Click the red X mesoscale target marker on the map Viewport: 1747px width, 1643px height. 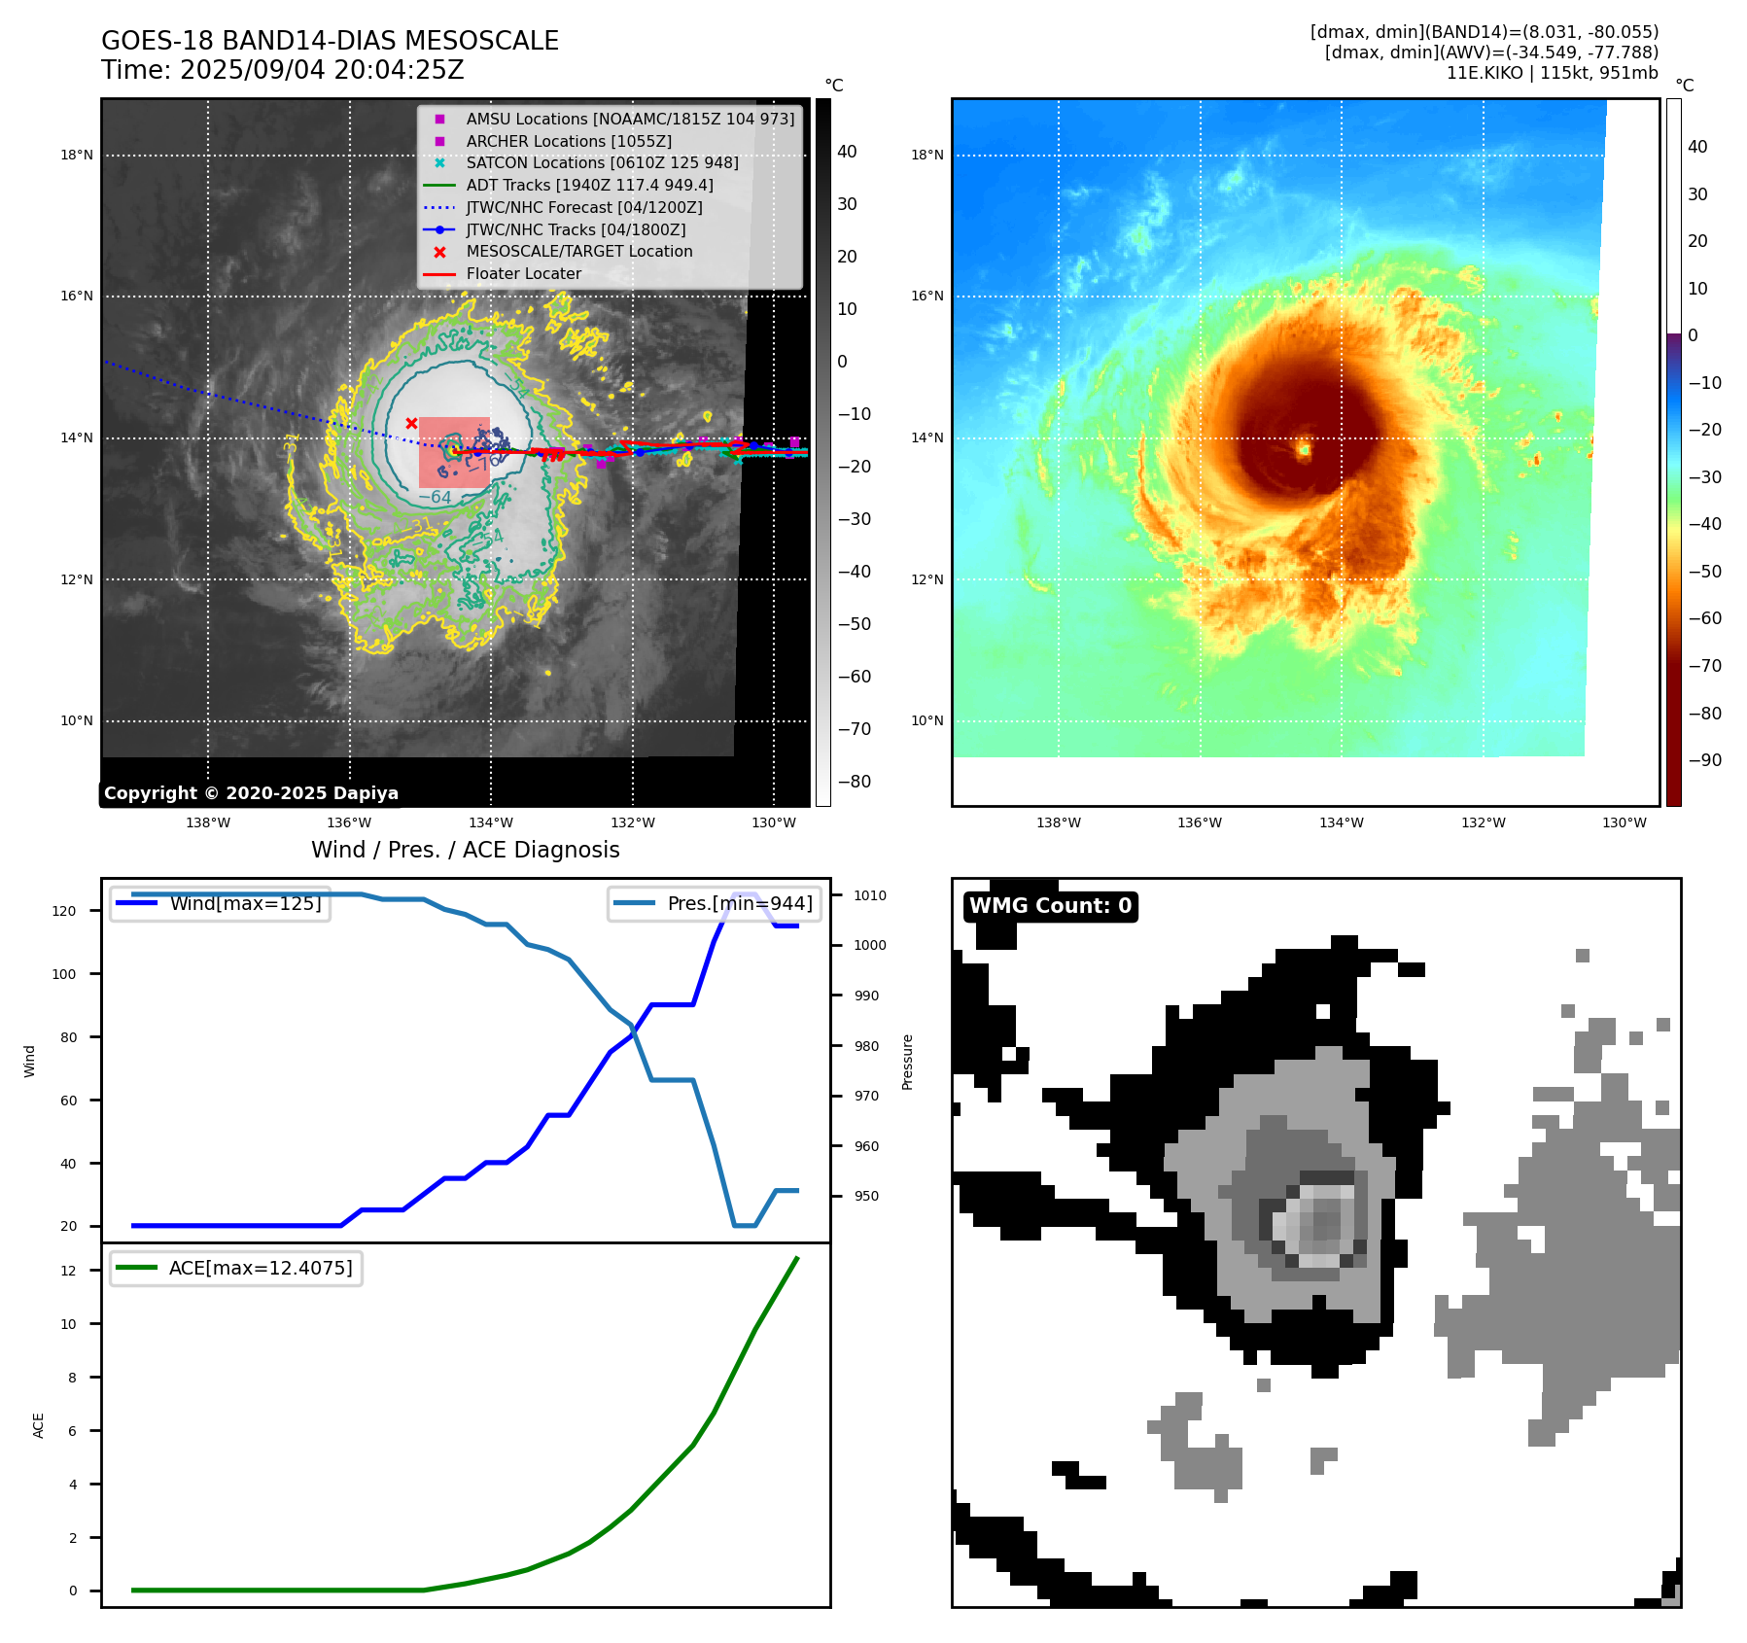411,423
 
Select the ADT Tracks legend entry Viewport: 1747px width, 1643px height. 589,185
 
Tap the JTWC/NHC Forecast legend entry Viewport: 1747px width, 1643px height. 583,207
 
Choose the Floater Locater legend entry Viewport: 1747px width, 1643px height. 523,273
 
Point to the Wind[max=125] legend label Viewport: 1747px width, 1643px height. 245,903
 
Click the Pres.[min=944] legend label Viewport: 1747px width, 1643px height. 739,903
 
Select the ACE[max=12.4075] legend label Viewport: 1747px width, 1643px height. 261,1268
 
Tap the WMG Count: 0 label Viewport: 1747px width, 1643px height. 1050,906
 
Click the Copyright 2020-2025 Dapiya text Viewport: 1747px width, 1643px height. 251,793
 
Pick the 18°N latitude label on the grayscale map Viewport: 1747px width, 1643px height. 77,155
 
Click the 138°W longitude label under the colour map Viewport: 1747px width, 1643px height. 1059,822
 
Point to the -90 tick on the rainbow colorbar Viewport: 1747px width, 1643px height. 1704,760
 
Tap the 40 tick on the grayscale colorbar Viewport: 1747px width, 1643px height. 847,152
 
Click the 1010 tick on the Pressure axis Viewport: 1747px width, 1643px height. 870,895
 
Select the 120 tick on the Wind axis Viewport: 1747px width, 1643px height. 64,911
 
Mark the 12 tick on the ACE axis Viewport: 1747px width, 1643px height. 68,1271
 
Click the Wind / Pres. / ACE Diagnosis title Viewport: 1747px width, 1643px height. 465,850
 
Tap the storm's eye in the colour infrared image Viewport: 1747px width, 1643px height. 1305,449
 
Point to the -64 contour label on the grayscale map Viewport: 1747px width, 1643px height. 436,498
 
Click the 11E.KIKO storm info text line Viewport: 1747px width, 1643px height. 1552,73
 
